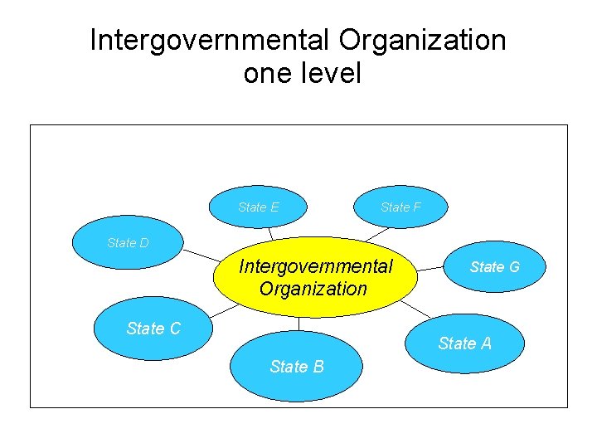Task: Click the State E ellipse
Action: (259, 207)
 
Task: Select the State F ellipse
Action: (400, 207)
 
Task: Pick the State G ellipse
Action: (494, 266)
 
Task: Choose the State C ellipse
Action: (153, 329)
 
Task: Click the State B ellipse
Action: (296, 366)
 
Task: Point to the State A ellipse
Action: (464, 343)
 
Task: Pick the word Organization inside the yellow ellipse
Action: (313, 289)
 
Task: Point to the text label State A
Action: (464, 343)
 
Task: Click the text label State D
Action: (128, 243)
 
